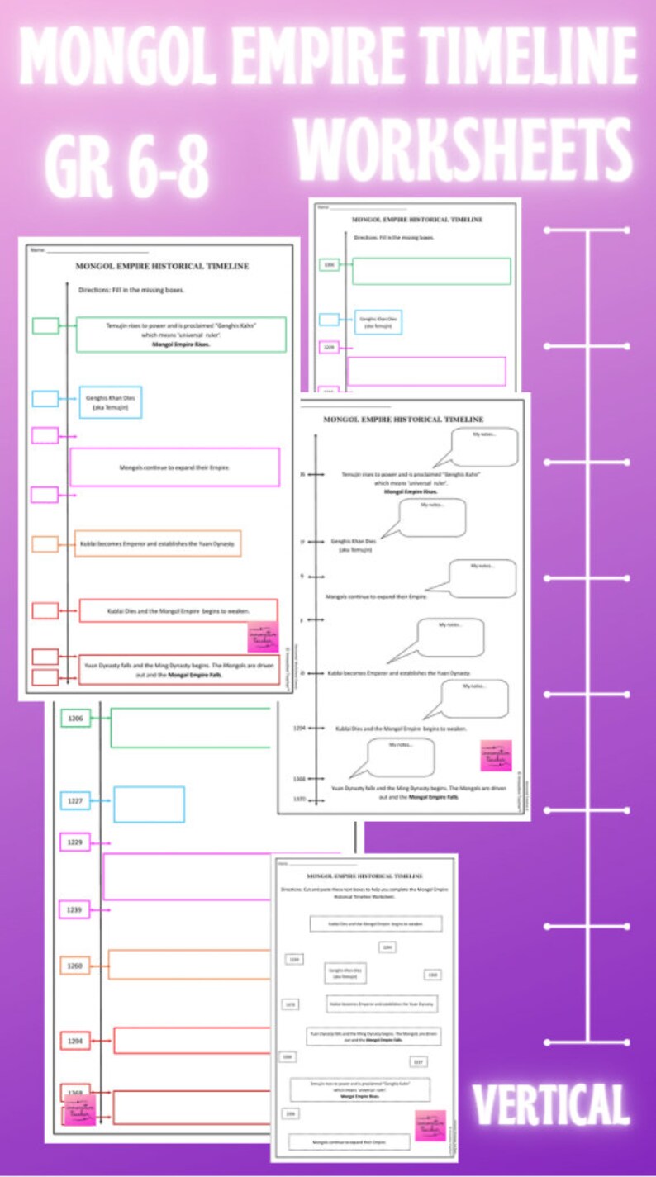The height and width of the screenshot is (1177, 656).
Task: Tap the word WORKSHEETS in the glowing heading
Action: point(463,155)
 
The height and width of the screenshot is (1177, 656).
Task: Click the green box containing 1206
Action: point(75,719)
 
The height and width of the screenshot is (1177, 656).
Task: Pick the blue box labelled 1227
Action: point(75,800)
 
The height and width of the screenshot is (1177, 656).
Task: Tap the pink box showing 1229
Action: point(75,842)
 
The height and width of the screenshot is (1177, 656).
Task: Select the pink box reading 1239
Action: point(75,909)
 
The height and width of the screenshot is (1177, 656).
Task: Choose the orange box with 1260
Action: point(75,965)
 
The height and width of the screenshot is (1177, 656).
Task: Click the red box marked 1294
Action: point(75,1041)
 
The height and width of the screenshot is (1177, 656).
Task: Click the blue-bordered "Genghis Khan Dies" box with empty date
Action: point(110,401)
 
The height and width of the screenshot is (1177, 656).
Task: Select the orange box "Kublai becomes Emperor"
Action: point(158,543)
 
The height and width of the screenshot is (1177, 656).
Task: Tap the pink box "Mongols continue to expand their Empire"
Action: point(174,467)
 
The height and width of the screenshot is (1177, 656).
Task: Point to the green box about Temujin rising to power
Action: point(181,334)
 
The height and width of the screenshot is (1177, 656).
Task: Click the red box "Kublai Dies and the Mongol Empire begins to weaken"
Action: point(178,610)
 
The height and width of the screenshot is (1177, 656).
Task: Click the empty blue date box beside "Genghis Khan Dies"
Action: point(45,399)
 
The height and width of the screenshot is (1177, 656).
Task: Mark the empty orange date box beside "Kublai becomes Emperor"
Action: point(45,544)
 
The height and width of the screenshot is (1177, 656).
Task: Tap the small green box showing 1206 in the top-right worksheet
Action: point(329,264)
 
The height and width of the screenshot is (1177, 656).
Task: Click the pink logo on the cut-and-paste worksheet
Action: point(430,1126)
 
